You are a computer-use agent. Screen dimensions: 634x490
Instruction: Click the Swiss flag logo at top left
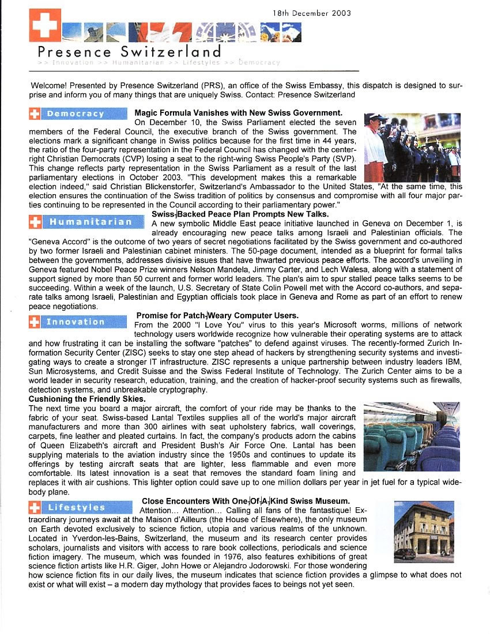[44, 25]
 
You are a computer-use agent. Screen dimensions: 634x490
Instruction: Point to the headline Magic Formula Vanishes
[238, 113]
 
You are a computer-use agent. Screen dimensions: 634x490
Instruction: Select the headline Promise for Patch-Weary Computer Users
[217, 315]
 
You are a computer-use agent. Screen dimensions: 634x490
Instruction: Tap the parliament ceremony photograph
[412, 148]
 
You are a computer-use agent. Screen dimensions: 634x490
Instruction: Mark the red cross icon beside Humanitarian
[35, 221]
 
